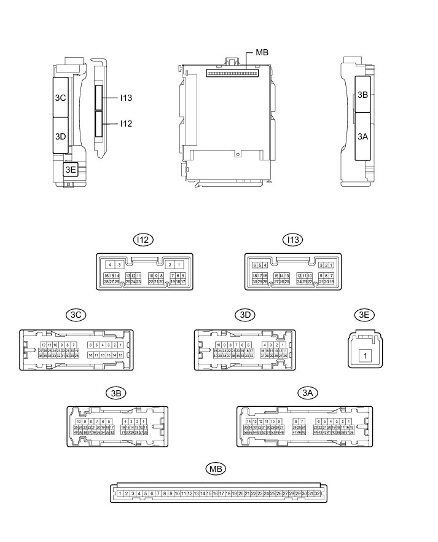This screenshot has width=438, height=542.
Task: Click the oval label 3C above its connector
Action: pyautogui.click(x=77, y=315)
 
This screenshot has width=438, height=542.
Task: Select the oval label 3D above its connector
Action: pyautogui.click(x=245, y=315)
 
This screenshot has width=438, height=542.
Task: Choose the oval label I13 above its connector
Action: pyautogui.click(x=292, y=240)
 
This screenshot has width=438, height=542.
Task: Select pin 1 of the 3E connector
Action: pyautogui.click(x=364, y=355)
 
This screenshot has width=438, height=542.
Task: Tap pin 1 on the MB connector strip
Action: pyautogui.click(x=120, y=493)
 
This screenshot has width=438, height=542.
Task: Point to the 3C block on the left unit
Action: pyautogui.click(x=61, y=97)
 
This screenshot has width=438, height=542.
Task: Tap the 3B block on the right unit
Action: pyautogui.click(x=362, y=95)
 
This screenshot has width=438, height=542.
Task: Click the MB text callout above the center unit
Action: pyautogui.click(x=262, y=53)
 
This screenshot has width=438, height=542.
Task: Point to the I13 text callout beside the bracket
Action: pyautogui.click(x=127, y=97)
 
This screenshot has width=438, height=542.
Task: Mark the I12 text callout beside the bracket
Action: pyautogui.click(x=127, y=124)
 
